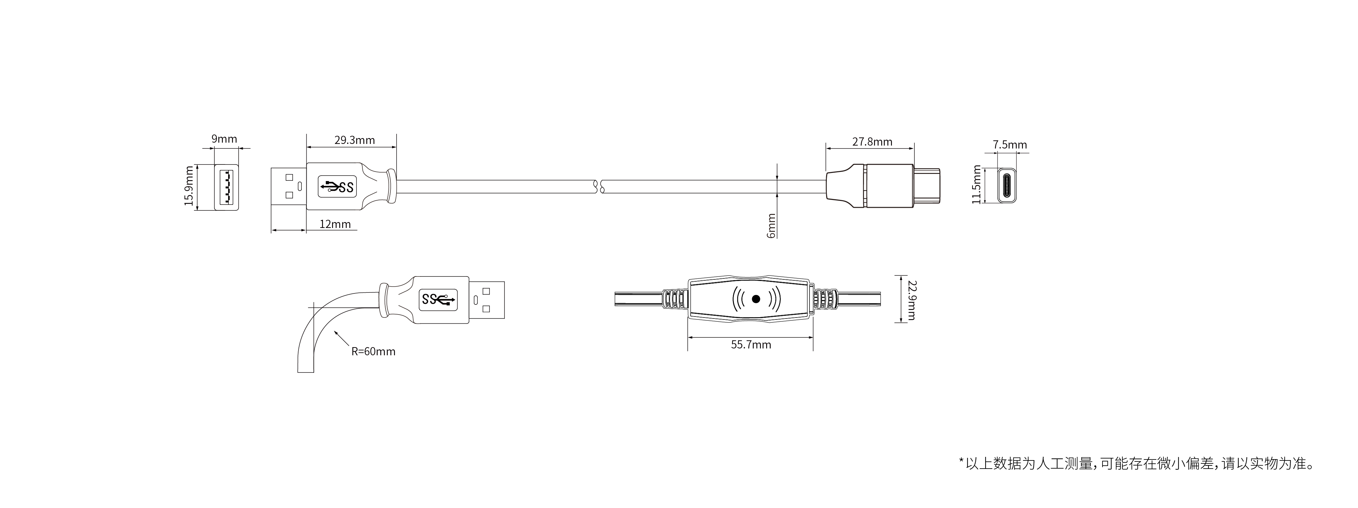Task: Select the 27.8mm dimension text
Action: (872, 142)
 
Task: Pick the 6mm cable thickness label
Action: (771, 226)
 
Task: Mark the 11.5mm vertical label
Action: (976, 184)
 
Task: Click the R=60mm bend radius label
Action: (373, 351)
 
